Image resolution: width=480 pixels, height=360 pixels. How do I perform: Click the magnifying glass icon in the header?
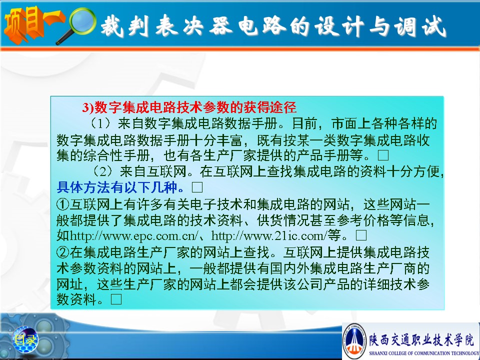tap(76, 25)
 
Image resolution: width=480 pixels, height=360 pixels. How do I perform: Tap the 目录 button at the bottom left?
tap(25, 339)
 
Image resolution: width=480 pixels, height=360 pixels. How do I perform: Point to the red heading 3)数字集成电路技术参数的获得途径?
tap(189, 107)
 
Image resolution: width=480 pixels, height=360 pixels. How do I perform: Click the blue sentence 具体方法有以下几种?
tap(120, 187)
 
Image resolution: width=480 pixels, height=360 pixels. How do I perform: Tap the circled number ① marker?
tap(63, 204)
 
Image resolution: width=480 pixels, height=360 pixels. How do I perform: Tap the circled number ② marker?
tap(63, 252)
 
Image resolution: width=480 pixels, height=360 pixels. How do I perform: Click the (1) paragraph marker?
tap(100, 123)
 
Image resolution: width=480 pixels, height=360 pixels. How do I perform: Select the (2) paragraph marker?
tap(102, 171)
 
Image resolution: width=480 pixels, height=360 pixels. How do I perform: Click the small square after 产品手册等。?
tap(383, 155)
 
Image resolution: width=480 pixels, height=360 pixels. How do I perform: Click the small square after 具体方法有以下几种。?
tap(197, 187)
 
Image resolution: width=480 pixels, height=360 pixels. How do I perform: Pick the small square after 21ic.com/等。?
tap(361, 235)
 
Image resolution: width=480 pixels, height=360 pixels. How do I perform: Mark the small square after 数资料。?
tap(116, 299)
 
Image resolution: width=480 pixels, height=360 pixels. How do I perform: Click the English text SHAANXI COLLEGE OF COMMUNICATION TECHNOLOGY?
tap(424, 353)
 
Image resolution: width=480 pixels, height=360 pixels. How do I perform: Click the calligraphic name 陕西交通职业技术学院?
tap(421, 339)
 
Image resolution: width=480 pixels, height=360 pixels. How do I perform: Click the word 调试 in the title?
tap(420, 26)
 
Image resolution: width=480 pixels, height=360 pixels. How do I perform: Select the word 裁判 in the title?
tap(125, 26)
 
